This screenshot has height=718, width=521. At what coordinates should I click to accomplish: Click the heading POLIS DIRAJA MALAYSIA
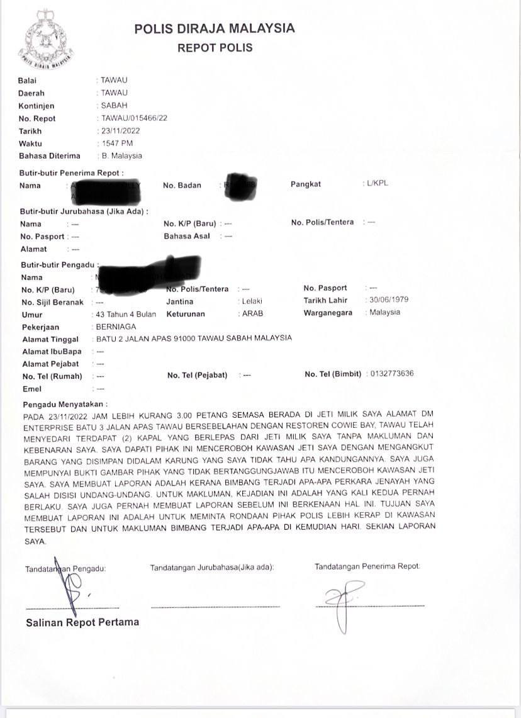214,28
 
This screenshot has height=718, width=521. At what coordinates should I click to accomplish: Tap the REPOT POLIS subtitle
215,48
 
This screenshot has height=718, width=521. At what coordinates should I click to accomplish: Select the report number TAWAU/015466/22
134,118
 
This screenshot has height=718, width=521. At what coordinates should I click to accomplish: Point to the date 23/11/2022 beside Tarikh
120,131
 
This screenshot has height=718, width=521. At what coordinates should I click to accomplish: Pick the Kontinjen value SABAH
114,106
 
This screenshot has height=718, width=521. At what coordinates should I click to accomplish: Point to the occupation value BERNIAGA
116,327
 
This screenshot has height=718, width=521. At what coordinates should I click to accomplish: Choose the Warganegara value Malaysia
384,313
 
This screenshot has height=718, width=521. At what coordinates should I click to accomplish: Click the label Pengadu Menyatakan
65,403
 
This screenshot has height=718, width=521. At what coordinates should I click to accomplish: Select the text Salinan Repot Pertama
82,622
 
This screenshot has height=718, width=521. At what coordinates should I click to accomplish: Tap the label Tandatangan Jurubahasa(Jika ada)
212,568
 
